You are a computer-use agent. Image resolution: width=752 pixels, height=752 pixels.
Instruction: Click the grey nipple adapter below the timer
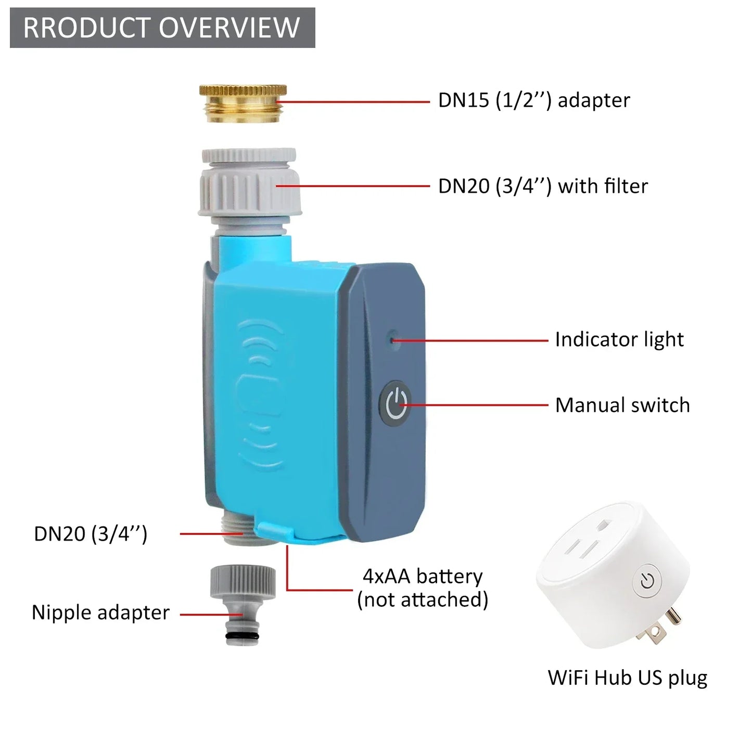click(243, 604)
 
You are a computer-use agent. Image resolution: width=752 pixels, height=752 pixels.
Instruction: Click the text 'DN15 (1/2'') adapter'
click(533, 100)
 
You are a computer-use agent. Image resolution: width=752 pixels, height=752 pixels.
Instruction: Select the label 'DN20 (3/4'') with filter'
click(543, 186)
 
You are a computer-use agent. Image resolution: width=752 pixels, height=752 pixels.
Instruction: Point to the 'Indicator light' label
click(619, 339)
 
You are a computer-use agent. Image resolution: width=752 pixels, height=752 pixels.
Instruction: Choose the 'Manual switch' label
click(622, 405)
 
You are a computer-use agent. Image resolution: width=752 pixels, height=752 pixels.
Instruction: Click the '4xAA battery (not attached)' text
click(423, 588)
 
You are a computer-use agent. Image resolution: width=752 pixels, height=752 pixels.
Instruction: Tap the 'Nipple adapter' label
click(100, 613)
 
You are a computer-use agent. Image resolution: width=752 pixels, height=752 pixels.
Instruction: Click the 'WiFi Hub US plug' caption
click(627, 678)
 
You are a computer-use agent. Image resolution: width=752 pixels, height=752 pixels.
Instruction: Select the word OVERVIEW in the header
click(230, 28)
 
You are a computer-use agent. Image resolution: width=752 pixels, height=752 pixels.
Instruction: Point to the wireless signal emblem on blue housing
click(260, 396)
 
